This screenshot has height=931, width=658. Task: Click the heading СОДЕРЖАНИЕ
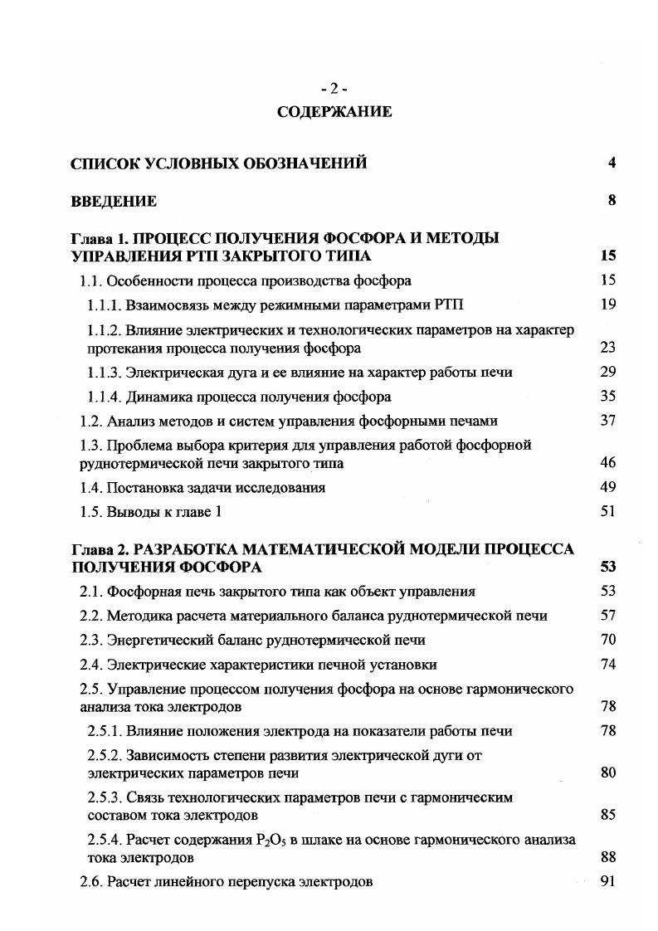[334, 111]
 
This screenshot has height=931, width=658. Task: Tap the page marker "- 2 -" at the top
[334, 90]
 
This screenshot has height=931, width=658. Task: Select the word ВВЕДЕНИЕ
[114, 201]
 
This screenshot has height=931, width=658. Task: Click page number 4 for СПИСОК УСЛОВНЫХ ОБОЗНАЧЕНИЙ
[612, 163]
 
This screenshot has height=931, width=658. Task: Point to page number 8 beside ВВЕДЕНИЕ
[612, 200]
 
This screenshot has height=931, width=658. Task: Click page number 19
[607, 305]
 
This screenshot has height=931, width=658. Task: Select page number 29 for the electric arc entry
[607, 372]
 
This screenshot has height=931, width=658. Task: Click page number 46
[607, 464]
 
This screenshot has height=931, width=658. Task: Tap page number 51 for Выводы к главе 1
[607, 512]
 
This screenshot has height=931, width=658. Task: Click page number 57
[607, 616]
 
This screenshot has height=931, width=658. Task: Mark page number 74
[607, 665]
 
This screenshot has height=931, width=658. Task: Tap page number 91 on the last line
[607, 882]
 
